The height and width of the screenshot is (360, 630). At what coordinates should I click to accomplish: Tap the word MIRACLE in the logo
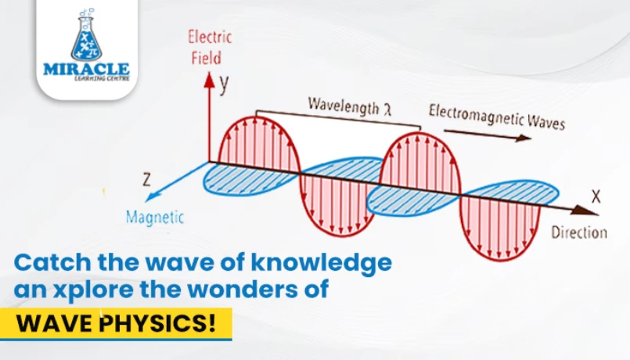pos(86,69)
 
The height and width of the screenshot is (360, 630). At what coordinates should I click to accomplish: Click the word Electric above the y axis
pos(210,37)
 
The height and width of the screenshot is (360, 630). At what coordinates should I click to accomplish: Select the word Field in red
pos(206,58)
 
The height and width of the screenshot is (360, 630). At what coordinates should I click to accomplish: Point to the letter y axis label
pos(224,83)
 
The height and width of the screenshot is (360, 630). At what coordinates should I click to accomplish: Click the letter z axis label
pos(147,179)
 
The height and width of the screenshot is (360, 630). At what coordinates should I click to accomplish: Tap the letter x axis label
pos(596,196)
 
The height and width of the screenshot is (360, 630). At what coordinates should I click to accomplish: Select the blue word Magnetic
pos(155,218)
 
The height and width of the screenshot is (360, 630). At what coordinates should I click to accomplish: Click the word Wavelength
pos(344,106)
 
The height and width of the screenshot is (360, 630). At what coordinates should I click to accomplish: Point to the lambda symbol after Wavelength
pos(387,110)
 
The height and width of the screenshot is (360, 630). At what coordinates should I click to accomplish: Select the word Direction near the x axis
pos(579,232)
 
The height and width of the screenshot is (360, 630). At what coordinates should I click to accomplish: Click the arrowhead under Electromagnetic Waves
pos(523,138)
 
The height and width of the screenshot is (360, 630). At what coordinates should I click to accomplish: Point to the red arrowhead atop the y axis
pos(209,80)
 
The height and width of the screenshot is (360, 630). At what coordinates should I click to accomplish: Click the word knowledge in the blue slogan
pos(322,262)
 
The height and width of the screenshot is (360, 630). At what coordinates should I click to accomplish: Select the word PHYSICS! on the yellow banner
pos(157,323)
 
